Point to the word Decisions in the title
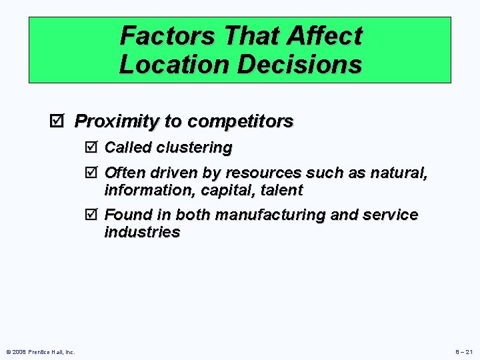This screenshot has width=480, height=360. click(x=294, y=65)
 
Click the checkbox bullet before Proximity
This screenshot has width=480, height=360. click(x=58, y=121)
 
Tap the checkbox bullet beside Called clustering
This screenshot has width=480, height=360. click(x=92, y=147)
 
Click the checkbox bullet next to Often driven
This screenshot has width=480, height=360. click(x=92, y=173)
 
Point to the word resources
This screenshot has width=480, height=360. click(x=265, y=173)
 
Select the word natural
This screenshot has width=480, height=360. click(x=399, y=173)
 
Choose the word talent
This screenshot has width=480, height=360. click(x=277, y=190)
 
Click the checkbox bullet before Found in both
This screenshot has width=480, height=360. click(x=92, y=215)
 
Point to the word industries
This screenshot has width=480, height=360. click(x=142, y=232)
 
